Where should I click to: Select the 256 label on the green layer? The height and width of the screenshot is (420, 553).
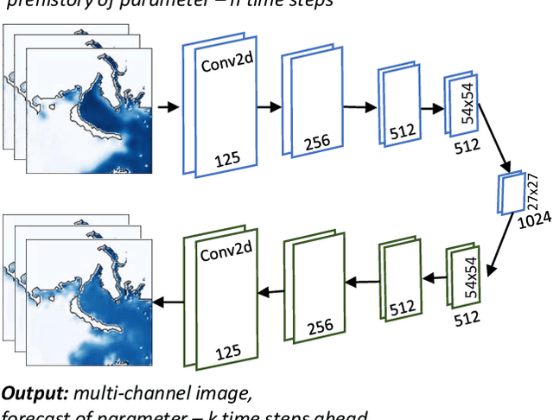pyautogui.click(x=321, y=329)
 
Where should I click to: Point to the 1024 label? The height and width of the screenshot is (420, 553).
pyautogui.click(x=529, y=222)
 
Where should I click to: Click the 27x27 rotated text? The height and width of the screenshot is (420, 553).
pyautogui.click(x=532, y=191)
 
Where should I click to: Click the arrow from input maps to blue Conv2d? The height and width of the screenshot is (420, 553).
pyautogui.click(x=168, y=107)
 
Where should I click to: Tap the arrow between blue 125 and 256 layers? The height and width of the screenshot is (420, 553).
pyautogui.click(x=270, y=107)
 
